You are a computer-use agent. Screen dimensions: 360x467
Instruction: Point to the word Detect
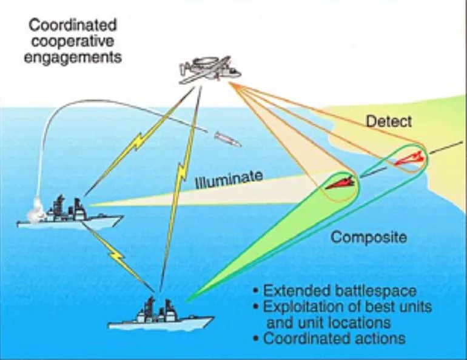click(x=389, y=122)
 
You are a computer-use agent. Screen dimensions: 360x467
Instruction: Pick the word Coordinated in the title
click(x=73, y=25)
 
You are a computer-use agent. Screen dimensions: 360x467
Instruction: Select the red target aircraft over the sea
click(x=340, y=183)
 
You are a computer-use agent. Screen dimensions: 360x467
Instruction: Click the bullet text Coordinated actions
click(x=334, y=338)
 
